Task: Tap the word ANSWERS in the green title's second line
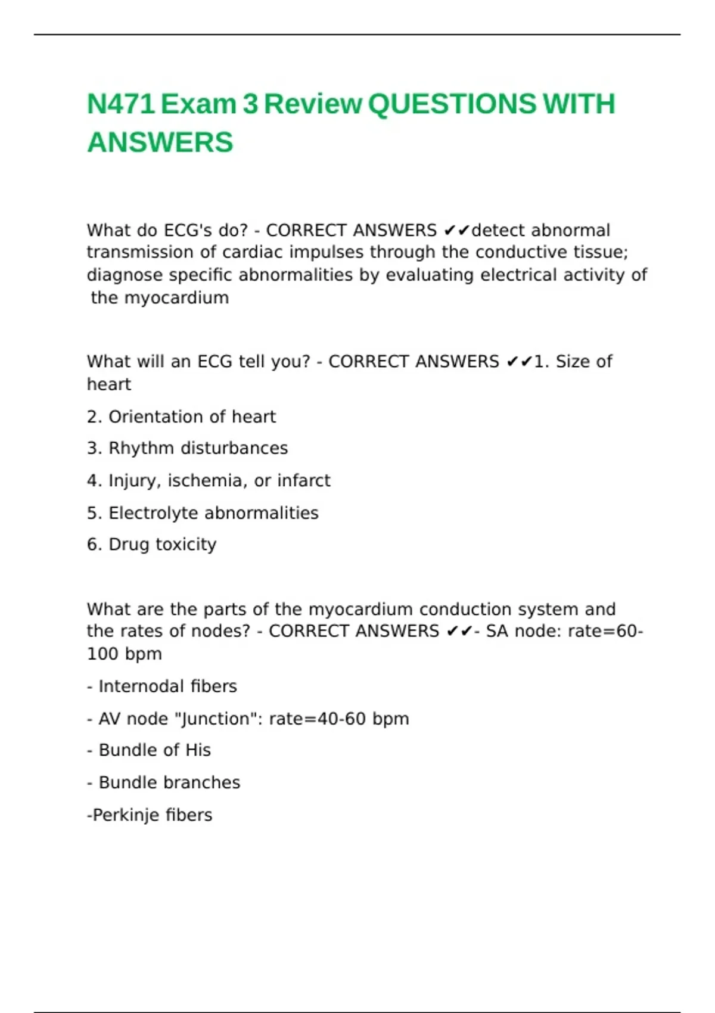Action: (x=160, y=143)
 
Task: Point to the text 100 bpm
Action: (x=125, y=654)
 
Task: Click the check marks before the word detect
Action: (x=457, y=231)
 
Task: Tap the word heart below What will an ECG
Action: (x=109, y=384)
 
